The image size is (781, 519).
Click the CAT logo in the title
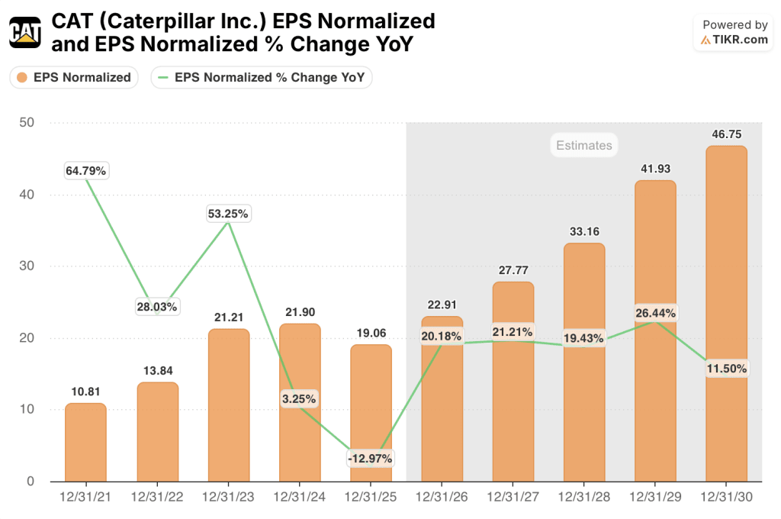[x=25, y=32]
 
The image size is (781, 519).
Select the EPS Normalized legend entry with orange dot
[x=74, y=77]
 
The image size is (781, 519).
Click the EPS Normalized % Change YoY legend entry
[x=261, y=77]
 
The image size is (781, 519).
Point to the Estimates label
[x=583, y=145]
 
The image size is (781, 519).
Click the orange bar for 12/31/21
[x=85, y=443]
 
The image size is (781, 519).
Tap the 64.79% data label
[x=86, y=170]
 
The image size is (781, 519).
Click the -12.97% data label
[x=370, y=459]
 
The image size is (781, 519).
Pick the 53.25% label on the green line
[x=228, y=214]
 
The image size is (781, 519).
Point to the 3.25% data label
[x=300, y=398]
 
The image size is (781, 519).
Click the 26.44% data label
[x=654, y=313]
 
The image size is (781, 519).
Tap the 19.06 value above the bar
[x=371, y=332]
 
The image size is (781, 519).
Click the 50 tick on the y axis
[x=28, y=123]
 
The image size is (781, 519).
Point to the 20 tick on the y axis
[x=28, y=338]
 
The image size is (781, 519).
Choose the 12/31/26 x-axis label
[x=442, y=497]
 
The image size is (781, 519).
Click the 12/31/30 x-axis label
[x=726, y=497]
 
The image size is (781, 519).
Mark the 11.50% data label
[x=726, y=368]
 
